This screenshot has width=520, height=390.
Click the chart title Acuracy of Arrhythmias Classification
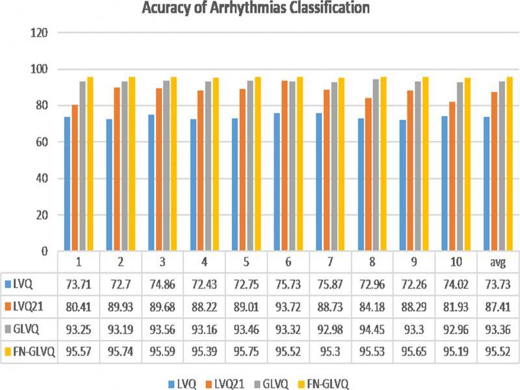[261, 8]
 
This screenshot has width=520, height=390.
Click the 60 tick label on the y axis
[44, 142]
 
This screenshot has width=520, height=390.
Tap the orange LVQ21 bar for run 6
[285, 166]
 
